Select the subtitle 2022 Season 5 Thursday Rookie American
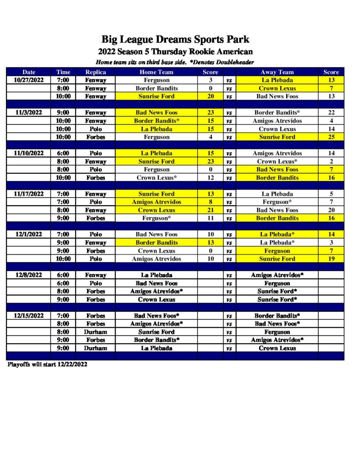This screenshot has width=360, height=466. pyautogui.click(x=175, y=51)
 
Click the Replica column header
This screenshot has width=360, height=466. pyautogui.click(x=96, y=72)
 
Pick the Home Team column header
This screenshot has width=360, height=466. pyautogui.click(x=157, y=72)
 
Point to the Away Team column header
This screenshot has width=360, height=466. pyautogui.click(x=277, y=72)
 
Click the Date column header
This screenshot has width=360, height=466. pyautogui.click(x=29, y=72)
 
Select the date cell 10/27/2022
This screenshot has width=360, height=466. pyautogui.click(x=29, y=80)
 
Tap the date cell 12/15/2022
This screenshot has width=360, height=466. pyautogui.click(x=29, y=315)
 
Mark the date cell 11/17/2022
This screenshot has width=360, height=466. pyautogui.click(x=29, y=194)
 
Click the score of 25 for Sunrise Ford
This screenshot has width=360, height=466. pyautogui.click(x=331, y=137)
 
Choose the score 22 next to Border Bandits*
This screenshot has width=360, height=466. pyautogui.click(x=331, y=112)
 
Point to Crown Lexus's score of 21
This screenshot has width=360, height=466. pyautogui.click(x=211, y=210)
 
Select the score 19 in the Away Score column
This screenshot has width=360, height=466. pyautogui.click(x=331, y=259)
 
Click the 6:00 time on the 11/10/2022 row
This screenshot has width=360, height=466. pyautogui.click(x=63, y=153)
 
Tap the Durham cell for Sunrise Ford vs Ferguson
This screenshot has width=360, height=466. pyautogui.click(x=96, y=332)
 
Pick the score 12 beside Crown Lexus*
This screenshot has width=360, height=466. pyautogui.click(x=211, y=178)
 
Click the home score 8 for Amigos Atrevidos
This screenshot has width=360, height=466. pyautogui.click(x=211, y=202)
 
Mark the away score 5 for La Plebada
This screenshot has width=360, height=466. pyautogui.click(x=331, y=194)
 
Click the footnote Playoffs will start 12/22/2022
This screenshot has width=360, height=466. pyautogui.click(x=47, y=365)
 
